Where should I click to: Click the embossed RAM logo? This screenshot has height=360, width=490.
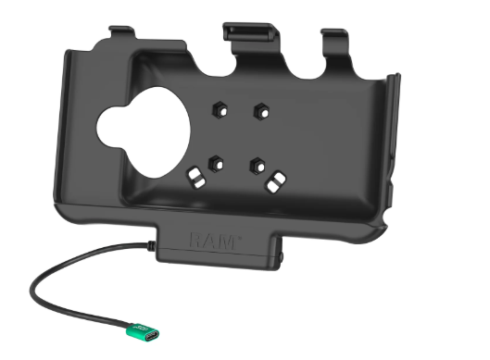click(x=215, y=241)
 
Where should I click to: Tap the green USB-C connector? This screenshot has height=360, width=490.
click(x=143, y=333)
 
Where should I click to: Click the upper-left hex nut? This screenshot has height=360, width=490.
click(x=220, y=110)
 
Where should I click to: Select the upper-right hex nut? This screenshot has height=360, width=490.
click(x=261, y=111)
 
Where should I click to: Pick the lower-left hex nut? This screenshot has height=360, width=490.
click(x=216, y=163)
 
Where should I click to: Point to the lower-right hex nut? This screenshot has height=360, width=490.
click(x=258, y=165)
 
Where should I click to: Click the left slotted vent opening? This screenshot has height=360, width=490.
click(x=196, y=177)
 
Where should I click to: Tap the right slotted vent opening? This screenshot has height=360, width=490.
click(x=276, y=182)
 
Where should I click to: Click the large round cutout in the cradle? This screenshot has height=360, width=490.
click(x=144, y=133)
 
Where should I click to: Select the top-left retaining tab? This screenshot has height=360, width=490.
click(x=122, y=32)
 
